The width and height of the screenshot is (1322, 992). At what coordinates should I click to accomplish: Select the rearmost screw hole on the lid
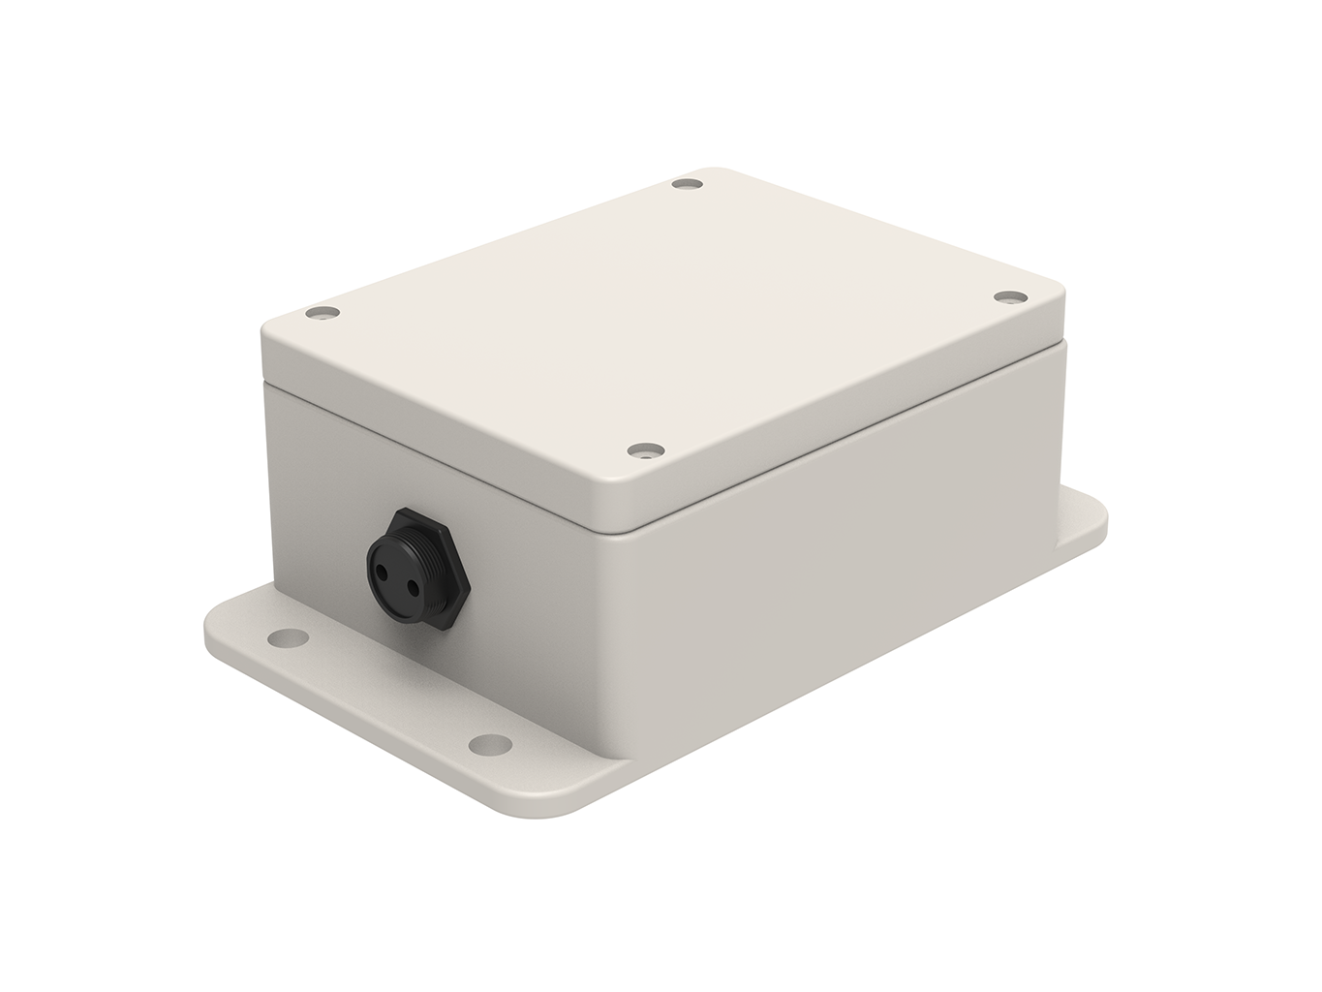pos(688,183)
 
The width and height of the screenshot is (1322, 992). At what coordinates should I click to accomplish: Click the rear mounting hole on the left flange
pos(284,638)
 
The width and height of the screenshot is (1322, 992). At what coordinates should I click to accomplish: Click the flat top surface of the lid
pos(659,310)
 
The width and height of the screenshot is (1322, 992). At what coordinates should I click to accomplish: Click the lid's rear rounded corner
pos(712,171)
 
